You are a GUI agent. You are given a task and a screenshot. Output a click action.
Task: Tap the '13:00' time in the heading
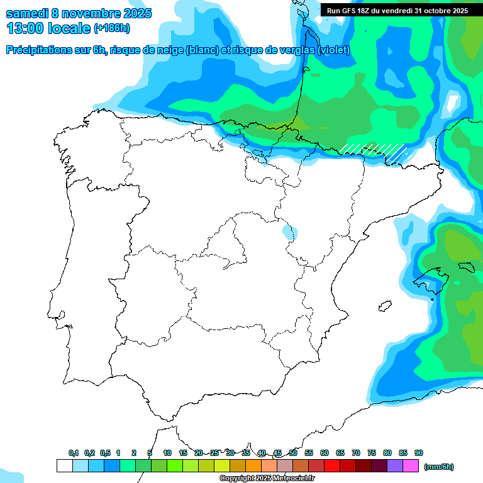click(x=25, y=28)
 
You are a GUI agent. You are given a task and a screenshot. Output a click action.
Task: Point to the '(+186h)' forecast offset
click(x=112, y=29)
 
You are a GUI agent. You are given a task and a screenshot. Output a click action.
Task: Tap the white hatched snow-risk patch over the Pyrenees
click(x=375, y=152)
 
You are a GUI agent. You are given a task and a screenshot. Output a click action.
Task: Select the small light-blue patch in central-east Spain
click(x=287, y=231)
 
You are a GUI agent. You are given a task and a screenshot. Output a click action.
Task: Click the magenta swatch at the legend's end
click(x=411, y=466)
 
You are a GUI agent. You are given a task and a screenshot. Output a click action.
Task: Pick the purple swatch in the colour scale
click(x=395, y=466)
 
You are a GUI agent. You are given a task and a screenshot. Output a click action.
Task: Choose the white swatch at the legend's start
click(x=65, y=466)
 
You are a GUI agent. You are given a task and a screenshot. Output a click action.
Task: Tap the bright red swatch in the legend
click(x=332, y=466)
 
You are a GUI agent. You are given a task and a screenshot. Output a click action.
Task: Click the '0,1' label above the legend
click(x=74, y=453)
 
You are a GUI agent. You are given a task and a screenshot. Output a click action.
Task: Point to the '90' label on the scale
click(x=419, y=453)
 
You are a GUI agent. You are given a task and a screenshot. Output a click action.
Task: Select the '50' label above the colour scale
click(x=293, y=453)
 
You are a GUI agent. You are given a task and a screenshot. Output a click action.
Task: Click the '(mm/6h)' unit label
click(x=439, y=467)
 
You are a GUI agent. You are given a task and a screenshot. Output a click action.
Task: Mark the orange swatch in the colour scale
click(x=253, y=466)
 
